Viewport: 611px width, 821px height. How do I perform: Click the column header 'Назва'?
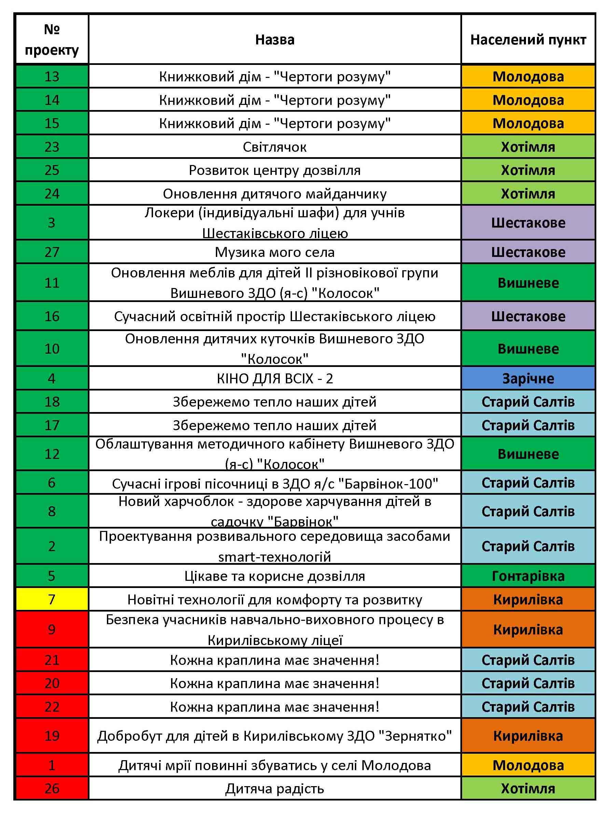275,40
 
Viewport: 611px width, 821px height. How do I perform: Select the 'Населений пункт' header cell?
528,40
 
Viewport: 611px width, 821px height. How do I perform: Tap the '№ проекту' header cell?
52,40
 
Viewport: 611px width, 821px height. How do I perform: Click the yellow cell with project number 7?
52,599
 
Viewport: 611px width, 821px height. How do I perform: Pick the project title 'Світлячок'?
275,147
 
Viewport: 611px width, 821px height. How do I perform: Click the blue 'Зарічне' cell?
528,379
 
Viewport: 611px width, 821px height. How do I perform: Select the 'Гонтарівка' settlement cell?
528,576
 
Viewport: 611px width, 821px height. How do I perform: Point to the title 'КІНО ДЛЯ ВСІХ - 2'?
275,379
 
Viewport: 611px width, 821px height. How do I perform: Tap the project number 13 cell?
52,77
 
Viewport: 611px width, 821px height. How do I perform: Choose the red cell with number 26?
52,789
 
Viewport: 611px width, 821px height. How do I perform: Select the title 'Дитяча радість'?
275,789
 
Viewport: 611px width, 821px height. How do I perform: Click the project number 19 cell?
52,736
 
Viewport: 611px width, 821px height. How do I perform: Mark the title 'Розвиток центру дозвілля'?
275,170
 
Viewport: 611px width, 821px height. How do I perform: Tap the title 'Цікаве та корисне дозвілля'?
275,576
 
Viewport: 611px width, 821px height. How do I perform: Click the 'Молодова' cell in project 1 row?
528,765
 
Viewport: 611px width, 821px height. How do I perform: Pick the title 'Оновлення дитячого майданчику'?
275,194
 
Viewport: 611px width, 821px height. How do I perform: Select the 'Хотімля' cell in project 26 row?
528,789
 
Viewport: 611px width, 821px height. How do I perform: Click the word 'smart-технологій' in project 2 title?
275,557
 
